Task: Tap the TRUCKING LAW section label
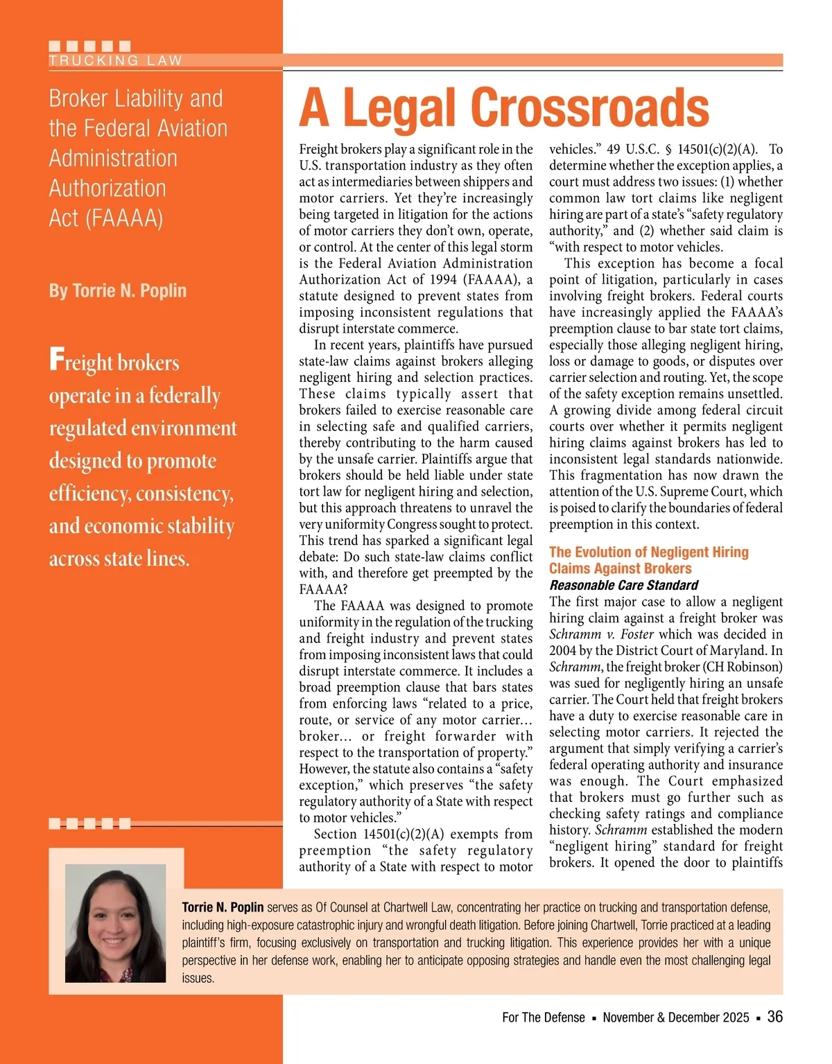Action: coord(115,60)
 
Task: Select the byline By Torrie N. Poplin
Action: coord(118,290)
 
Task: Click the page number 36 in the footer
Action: coord(775,1016)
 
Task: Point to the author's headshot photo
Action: coord(115,923)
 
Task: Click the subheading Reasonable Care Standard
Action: coord(623,585)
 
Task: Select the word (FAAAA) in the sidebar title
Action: coord(124,218)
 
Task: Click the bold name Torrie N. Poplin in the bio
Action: coord(223,907)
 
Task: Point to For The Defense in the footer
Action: coord(544,1018)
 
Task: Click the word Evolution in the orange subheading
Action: coord(603,552)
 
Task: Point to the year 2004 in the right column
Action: coord(562,650)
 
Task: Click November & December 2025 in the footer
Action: coord(676,1018)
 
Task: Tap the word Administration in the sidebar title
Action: coord(113,159)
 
